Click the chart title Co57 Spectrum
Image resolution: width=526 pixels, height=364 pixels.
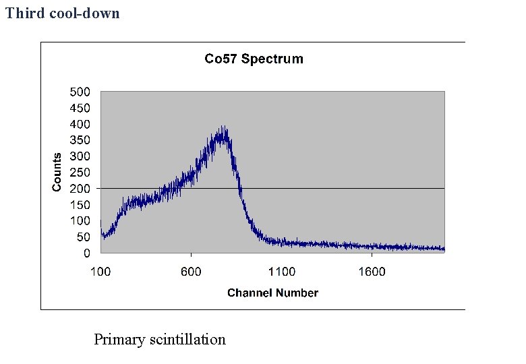click(x=254, y=59)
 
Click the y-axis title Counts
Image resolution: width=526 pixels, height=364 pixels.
click(x=57, y=172)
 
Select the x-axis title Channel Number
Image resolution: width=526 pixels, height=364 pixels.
click(x=272, y=293)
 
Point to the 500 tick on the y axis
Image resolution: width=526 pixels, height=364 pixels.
click(x=81, y=92)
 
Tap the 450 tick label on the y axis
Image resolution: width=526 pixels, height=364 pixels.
click(x=81, y=108)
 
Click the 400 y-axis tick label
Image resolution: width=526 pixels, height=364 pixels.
click(x=81, y=124)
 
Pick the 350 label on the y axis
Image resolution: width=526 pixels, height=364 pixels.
click(x=81, y=140)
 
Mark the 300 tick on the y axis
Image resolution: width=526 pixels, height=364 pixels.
click(x=81, y=156)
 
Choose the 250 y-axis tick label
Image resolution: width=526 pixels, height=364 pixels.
click(x=81, y=173)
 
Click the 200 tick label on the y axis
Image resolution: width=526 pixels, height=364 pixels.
click(x=81, y=189)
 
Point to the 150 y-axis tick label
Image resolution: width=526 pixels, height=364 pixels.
click(x=81, y=205)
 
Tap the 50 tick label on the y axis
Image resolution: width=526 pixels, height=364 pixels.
click(x=84, y=237)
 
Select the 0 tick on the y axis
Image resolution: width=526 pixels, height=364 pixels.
click(x=86, y=253)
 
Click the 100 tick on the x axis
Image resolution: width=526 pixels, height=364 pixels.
click(x=100, y=272)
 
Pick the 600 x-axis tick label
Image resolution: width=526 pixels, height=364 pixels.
click(x=191, y=272)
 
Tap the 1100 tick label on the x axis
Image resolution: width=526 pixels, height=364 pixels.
click(x=281, y=272)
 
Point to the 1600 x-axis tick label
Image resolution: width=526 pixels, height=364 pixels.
click(x=372, y=272)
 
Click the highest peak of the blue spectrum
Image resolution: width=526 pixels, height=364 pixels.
click(x=223, y=127)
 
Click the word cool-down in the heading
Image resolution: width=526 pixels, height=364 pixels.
click(x=85, y=13)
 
